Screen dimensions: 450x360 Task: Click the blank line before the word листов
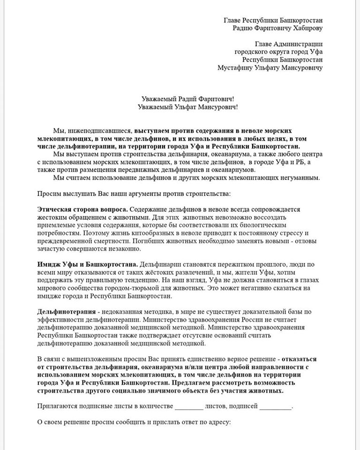(188, 406)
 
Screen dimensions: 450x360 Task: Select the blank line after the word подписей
(275, 406)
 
